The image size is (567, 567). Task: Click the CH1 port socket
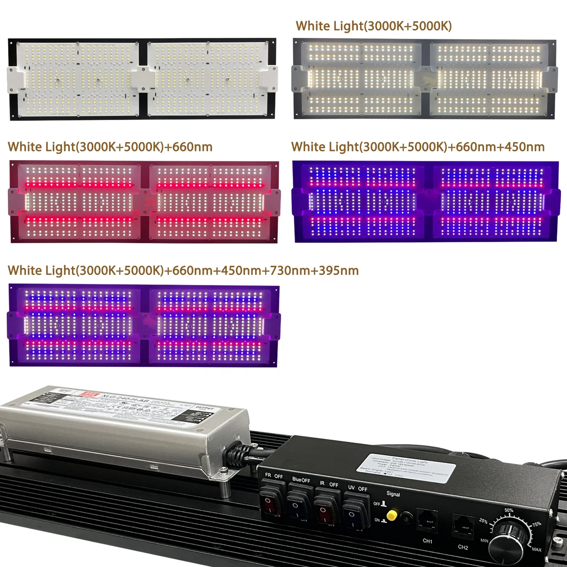point(427,521)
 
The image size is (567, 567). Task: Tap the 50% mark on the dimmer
point(509,510)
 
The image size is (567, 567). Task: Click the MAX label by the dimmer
point(536,549)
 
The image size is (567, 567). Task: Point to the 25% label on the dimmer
point(483,521)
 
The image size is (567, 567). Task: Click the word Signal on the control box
point(393,494)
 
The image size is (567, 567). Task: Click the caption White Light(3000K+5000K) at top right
point(374,26)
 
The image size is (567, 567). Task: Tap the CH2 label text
point(463,547)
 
